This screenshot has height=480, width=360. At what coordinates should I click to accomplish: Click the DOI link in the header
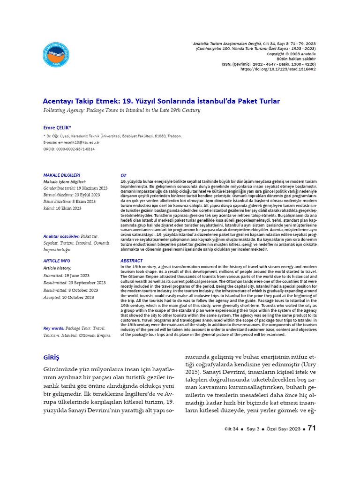278,69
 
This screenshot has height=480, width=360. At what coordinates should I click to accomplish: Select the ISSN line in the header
269,64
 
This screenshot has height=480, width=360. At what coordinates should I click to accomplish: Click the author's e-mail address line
71,142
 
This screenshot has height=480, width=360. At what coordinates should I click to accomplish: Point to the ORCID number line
69,149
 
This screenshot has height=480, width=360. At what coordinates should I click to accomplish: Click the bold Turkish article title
161,101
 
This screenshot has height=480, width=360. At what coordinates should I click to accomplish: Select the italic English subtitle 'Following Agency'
121,111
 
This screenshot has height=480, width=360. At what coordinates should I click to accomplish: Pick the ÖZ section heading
123,175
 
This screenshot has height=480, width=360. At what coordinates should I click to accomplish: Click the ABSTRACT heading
131,261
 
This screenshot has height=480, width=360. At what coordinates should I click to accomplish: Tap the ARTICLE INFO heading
56,261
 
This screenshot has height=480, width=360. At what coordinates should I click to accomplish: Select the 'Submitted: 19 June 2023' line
66,276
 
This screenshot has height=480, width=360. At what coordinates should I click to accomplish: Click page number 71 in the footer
312,428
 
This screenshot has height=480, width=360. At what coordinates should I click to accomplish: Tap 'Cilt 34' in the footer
232,429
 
